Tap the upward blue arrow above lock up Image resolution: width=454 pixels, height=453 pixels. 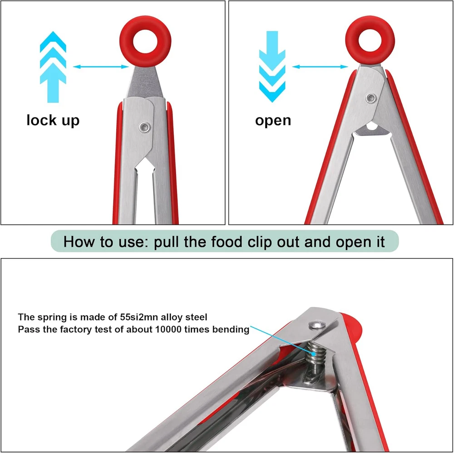pyautogui.click(x=53, y=67)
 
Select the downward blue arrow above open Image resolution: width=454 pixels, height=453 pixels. pyautogui.click(x=272, y=67)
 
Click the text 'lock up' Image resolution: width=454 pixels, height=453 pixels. pyautogui.click(x=53, y=120)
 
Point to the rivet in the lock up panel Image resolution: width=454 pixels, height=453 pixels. pyautogui.click(x=144, y=127)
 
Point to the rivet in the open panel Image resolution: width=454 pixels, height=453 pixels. pyautogui.click(x=371, y=98)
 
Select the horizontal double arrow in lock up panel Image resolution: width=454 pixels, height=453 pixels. pyautogui.click(x=101, y=67)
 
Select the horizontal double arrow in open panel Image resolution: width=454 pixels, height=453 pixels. pyautogui.click(x=320, y=67)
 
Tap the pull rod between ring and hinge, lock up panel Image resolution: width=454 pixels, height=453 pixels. pyautogui.click(x=145, y=83)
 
